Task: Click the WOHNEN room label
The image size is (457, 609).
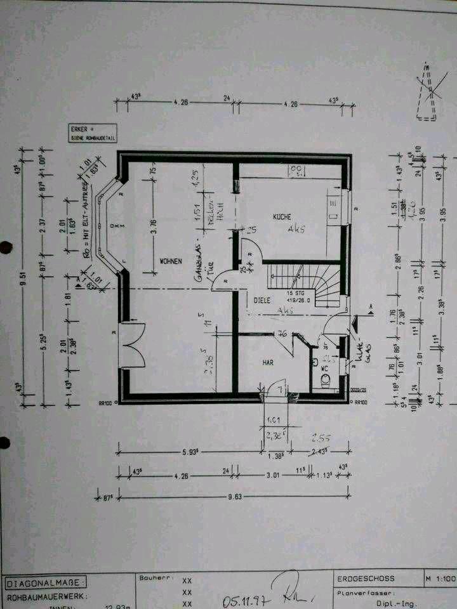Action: (171, 261)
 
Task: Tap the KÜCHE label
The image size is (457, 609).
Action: (282, 217)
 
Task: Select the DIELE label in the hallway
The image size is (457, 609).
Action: (263, 301)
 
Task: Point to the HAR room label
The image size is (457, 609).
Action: (268, 362)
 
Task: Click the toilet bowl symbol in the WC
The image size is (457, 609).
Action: (325, 379)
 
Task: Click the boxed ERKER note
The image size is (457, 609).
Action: (91, 131)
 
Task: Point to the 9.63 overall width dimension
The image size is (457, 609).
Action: (239, 497)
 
